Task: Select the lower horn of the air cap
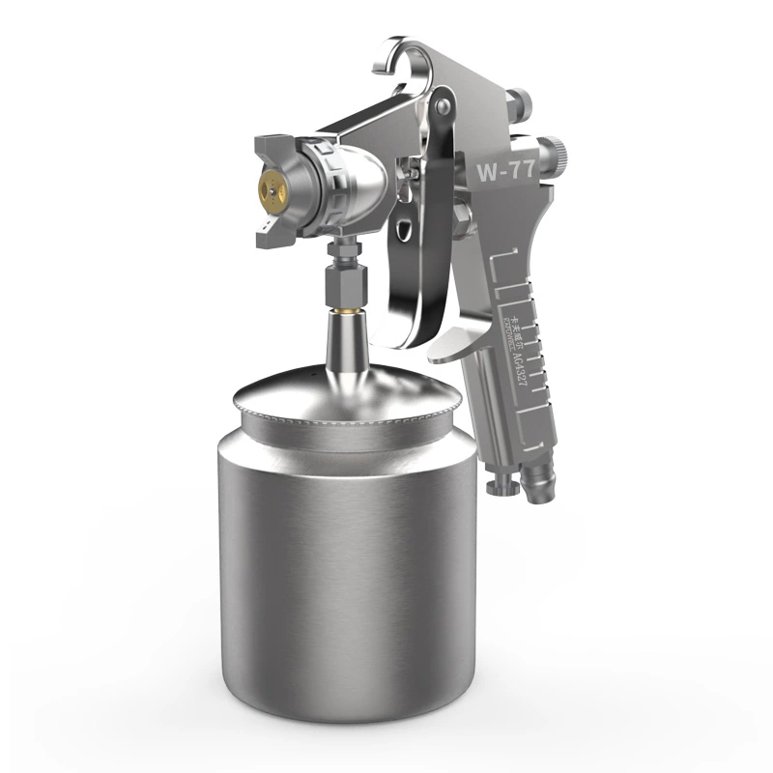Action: (269, 231)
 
